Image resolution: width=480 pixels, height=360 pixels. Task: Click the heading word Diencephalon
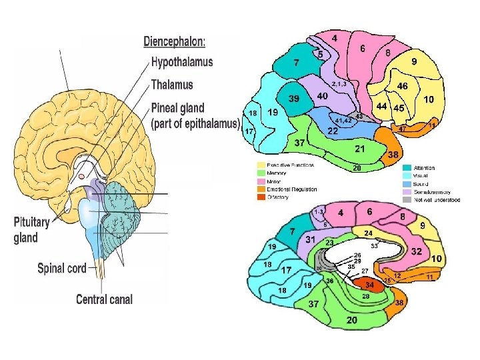coord(175,41)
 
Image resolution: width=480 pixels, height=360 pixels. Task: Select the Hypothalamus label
coord(182,63)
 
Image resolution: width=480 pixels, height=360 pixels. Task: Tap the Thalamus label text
coord(172,85)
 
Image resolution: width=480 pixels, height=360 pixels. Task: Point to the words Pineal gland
coord(178,108)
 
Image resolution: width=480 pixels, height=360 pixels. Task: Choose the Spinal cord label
coord(62,268)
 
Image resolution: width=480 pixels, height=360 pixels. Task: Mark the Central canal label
coord(104,299)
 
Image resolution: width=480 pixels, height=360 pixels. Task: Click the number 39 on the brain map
coord(294,99)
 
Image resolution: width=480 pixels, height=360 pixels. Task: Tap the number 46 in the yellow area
coord(403,87)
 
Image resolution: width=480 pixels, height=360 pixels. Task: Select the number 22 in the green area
coord(332,131)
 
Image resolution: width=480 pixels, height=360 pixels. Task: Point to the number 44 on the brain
coord(382,106)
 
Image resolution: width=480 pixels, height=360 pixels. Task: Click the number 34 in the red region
coord(369,285)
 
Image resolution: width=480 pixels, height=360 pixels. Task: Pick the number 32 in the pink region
coord(416,251)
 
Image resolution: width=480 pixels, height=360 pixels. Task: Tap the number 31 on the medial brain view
coord(310,239)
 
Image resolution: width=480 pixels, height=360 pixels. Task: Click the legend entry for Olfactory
coord(278,197)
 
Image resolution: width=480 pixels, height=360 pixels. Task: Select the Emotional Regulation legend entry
coord(291,189)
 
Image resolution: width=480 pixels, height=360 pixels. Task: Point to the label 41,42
coord(344,121)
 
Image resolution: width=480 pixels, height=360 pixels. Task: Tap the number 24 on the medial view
coord(367,233)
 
